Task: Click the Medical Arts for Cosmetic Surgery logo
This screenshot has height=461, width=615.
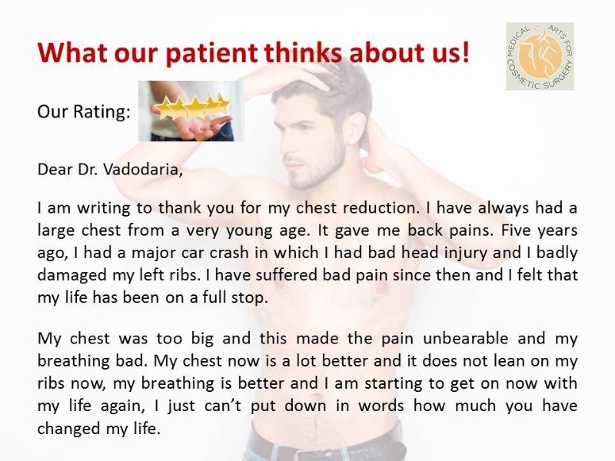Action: click(540, 56)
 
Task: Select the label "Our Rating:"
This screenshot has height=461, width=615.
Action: click(84, 111)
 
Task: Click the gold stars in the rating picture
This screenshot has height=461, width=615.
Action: click(192, 105)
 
